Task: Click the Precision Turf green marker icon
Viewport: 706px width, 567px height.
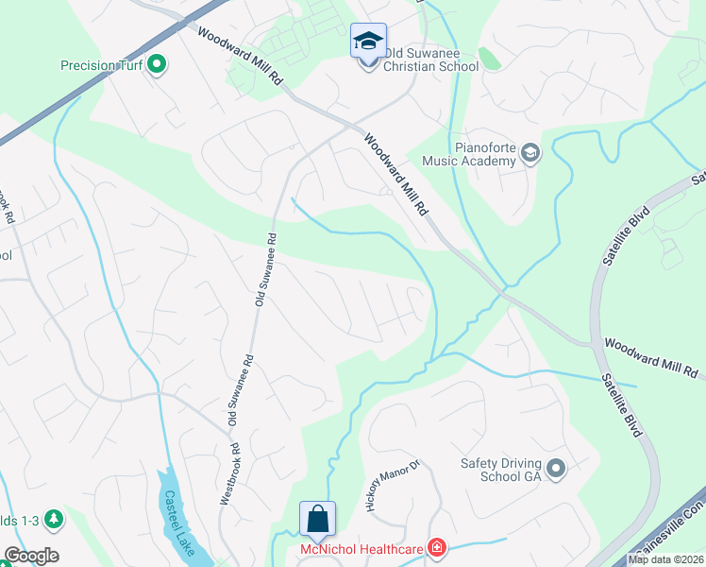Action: pyautogui.click(x=158, y=65)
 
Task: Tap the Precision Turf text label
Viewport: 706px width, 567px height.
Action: pyautogui.click(x=100, y=66)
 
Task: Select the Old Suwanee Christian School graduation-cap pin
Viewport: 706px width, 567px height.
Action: pyautogui.click(x=368, y=43)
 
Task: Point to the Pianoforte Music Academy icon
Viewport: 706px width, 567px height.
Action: pyautogui.click(x=530, y=153)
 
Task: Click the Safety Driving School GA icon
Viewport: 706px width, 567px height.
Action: pyautogui.click(x=556, y=468)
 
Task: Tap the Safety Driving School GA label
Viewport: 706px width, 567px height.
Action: pyautogui.click(x=501, y=470)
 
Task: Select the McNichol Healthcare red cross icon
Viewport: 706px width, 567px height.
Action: pyautogui.click(x=436, y=547)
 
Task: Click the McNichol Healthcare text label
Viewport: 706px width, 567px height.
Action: pyautogui.click(x=362, y=548)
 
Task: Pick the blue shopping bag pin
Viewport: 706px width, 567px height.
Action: pyautogui.click(x=317, y=520)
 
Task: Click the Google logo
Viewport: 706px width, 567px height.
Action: pyautogui.click(x=31, y=556)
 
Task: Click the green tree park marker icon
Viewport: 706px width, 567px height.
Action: pyautogui.click(x=54, y=518)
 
